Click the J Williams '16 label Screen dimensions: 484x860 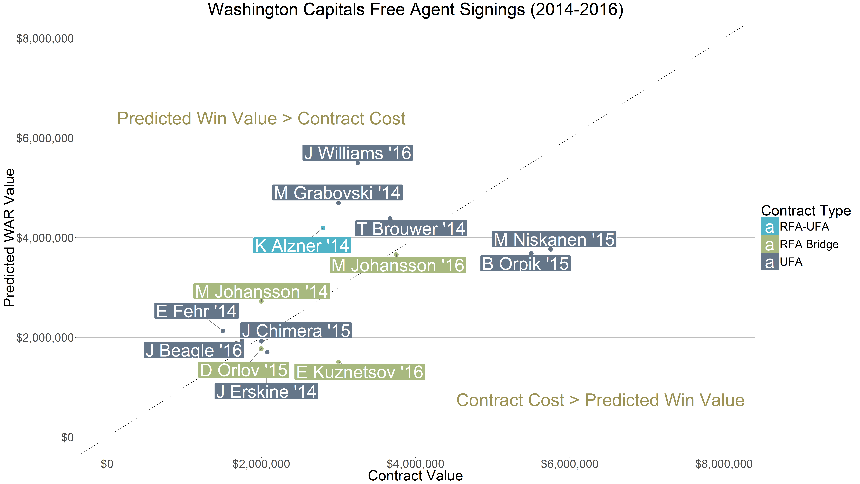pos(358,153)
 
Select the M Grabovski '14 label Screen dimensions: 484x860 pos(337,193)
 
